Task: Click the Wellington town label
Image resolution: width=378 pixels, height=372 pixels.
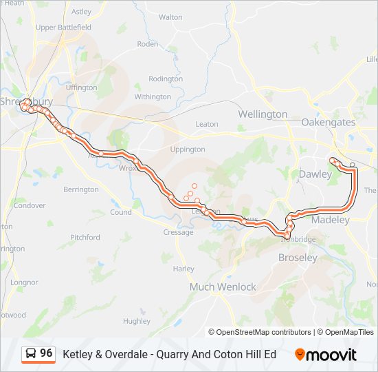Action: [x=263, y=114]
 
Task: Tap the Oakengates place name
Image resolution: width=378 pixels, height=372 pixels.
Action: [x=329, y=122]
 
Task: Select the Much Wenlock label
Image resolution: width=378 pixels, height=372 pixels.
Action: [x=223, y=287]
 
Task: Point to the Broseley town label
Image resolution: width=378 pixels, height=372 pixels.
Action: [x=297, y=258]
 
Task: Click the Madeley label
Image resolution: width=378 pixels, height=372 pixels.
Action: [x=331, y=220]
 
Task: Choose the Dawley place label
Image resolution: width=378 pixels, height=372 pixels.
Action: [x=315, y=174]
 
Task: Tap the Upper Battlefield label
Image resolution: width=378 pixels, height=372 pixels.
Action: [x=64, y=28]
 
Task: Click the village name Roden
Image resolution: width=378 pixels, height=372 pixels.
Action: [x=148, y=43]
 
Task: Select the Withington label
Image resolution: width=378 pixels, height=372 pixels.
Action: [x=153, y=97]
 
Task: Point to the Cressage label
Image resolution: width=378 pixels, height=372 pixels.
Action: [x=178, y=233]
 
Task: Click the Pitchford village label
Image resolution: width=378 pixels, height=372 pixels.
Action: [x=85, y=238]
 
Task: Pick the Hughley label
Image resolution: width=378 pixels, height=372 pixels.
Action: [x=137, y=321]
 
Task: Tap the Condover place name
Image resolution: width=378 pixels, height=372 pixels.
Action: [x=30, y=205]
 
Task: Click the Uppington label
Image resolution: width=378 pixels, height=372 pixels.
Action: [x=187, y=149]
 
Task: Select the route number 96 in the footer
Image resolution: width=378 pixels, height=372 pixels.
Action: [x=46, y=353]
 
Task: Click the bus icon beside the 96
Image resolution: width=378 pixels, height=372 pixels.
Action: [x=31, y=354]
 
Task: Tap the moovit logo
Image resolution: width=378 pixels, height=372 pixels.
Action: [x=326, y=355]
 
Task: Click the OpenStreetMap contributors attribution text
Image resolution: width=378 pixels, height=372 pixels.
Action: [x=264, y=332]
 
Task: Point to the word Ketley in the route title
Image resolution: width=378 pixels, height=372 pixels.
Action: [x=77, y=354]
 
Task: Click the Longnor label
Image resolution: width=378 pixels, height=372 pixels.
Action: [x=24, y=282]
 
